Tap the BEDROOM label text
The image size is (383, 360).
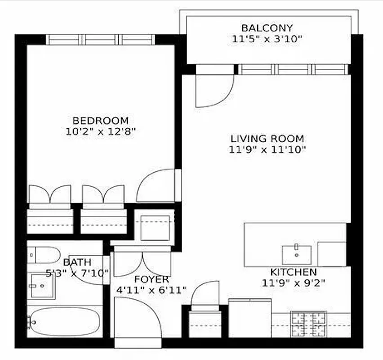point(100,121)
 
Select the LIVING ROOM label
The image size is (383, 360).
point(267,139)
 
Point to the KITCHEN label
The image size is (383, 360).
point(293,272)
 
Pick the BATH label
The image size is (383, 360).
point(77,262)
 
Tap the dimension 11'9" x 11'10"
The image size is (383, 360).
point(267,149)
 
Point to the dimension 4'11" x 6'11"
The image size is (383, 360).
point(151,290)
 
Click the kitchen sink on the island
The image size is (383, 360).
point(296,254)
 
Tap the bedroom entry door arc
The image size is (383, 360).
point(156,185)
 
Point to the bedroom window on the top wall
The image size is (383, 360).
point(101,40)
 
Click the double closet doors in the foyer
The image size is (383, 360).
point(142,265)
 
